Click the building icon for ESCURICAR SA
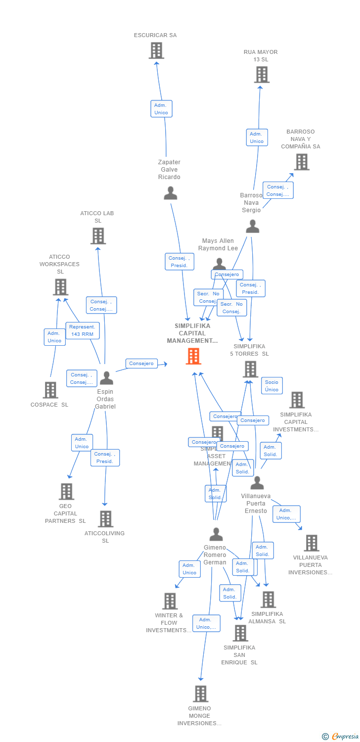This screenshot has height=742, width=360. [156, 50]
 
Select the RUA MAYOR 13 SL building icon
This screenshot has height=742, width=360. [261, 75]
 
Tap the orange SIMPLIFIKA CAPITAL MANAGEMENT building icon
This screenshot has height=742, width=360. [193, 356]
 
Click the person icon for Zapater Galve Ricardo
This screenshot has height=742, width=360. [170, 193]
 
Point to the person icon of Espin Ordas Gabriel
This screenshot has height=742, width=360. [106, 378]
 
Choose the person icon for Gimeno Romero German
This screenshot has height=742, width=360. [216, 535]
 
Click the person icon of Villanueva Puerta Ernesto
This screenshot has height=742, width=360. [257, 483]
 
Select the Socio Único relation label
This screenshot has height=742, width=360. [271, 386]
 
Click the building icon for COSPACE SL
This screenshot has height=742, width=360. [50, 390]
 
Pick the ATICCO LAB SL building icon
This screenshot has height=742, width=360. [98, 236]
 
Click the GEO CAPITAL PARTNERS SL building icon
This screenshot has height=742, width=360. [66, 492]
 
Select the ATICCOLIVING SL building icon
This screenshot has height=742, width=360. [105, 519]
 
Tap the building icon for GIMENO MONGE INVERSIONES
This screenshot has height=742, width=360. [200, 694]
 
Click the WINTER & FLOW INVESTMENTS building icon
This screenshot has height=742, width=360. [170, 601]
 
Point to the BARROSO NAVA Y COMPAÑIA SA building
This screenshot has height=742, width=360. [301, 162]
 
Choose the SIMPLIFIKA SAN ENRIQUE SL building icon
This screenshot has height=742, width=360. [240, 633]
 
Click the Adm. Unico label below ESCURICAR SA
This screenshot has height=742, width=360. [161, 109]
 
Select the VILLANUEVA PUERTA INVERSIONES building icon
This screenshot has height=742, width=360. [311, 543]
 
